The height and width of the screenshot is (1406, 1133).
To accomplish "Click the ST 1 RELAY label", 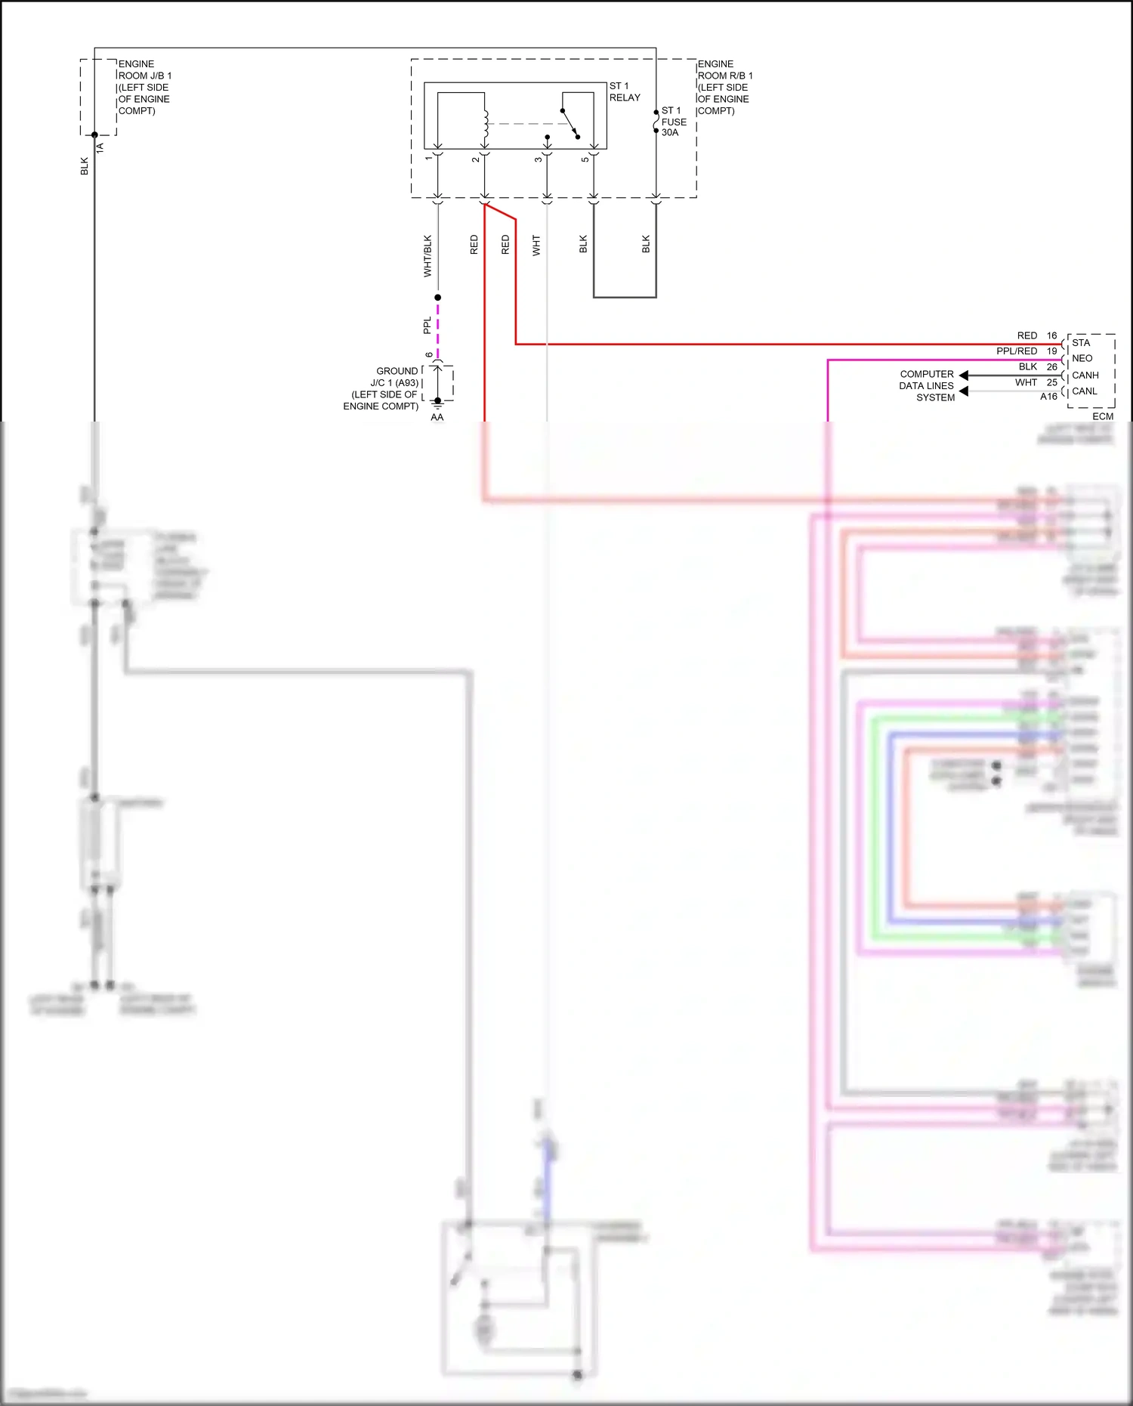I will click(x=624, y=92).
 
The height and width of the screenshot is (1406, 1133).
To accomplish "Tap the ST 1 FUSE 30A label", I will click(x=673, y=122).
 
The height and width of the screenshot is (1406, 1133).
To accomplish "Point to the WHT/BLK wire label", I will click(x=428, y=255).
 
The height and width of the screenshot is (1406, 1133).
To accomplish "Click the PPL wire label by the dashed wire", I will click(x=428, y=326).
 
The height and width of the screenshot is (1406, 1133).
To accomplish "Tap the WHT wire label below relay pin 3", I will click(x=536, y=245).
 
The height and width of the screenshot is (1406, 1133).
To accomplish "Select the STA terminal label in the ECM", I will click(x=1081, y=343).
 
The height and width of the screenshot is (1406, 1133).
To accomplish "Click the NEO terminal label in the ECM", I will click(x=1082, y=359).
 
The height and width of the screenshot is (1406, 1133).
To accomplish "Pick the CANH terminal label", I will click(x=1085, y=375).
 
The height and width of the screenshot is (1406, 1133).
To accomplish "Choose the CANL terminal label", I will click(x=1084, y=391).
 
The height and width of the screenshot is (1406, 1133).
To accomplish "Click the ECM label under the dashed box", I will click(x=1102, y=416).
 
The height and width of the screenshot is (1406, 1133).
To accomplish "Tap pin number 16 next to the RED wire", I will click(x=1051, y=335).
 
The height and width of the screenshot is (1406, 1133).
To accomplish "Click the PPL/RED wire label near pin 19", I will click(x=1016, y=351).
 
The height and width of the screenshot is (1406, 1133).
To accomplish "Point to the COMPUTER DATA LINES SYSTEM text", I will click(x=927, y=385).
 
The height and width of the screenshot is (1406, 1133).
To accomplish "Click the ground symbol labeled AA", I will click(x=437, y=406).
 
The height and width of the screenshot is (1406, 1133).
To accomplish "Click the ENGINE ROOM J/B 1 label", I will click(x=144, y=87).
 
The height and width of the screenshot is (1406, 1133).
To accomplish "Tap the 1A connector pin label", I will click(x=100, y=148).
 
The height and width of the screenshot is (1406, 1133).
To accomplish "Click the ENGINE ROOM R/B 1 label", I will click(x=724, y=87).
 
